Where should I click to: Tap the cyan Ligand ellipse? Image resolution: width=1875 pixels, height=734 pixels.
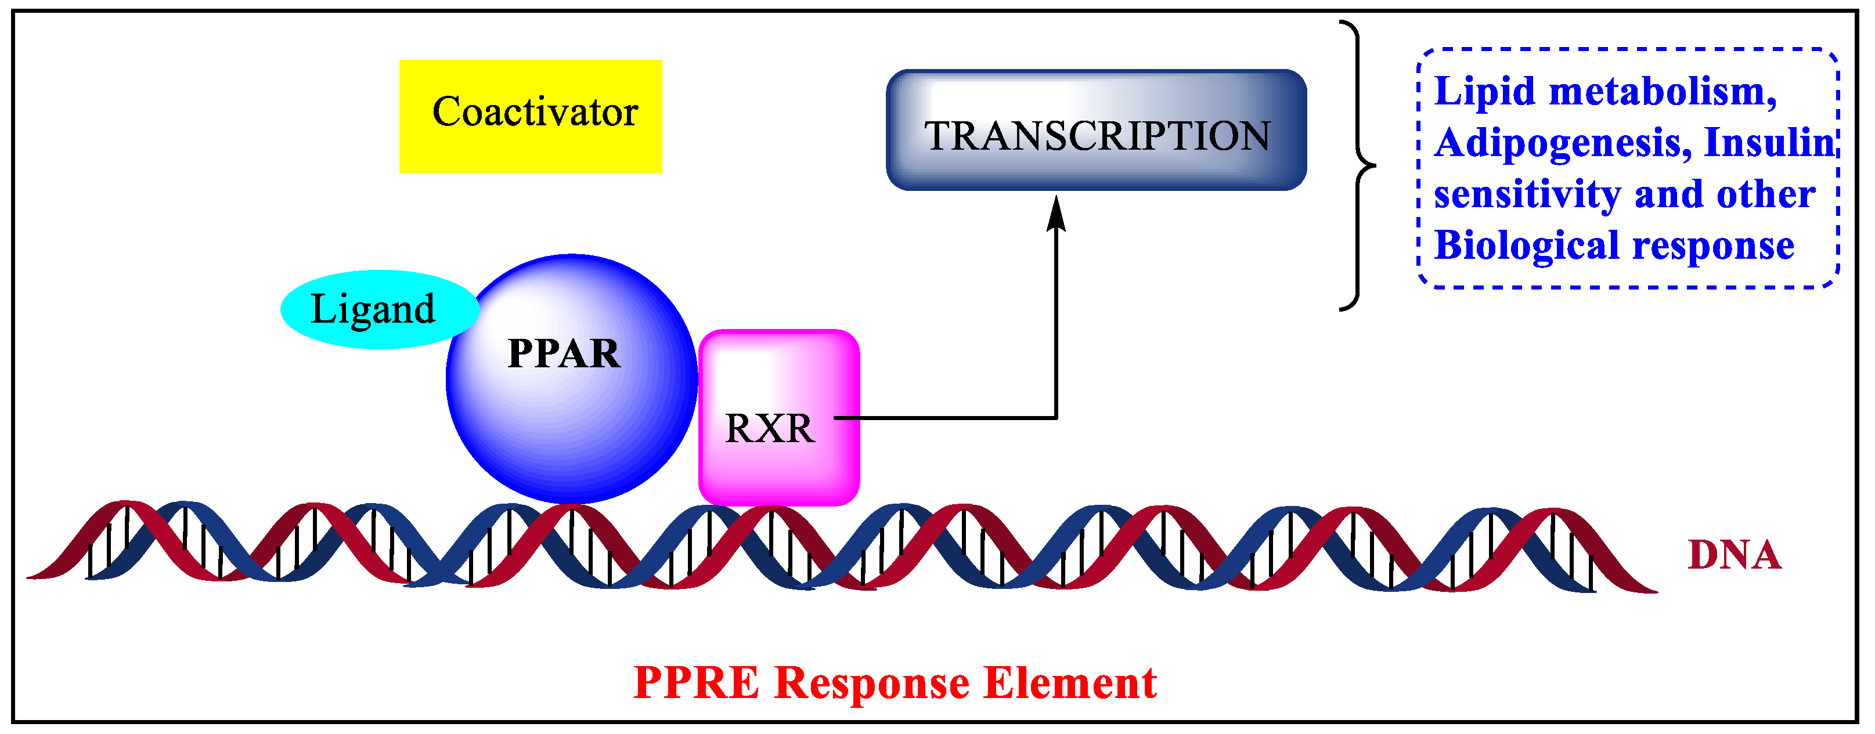click(x=378, y=309)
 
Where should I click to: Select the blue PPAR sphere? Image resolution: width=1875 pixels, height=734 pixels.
click(x=571, y=407)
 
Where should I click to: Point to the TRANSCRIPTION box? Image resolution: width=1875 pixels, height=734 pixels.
click(x=1096, y=131)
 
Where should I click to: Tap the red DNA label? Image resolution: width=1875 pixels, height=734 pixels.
click(x=1734, y=555)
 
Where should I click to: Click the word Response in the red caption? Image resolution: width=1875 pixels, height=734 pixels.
click(x=871, y=683)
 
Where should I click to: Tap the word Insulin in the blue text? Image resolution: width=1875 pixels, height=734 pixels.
click(x=1769, y=143)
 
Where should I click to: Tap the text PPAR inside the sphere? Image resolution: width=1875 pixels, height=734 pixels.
click(x=564, y=355)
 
